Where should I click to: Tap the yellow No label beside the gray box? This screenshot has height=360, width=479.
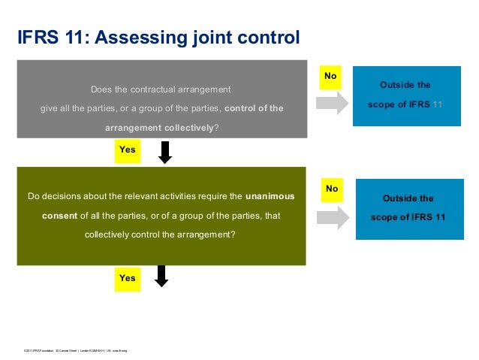pyautogui.click(x=330, y=77)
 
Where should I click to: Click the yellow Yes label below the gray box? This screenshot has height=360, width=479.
pyautogui.click(x=128, y=150)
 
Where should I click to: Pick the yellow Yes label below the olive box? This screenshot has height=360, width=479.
pyautogui.click(x=128, y=278)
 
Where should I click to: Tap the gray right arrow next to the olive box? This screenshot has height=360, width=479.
pyautogui.click(x=333, y=216)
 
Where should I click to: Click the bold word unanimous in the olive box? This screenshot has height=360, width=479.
pyautogui.click(x=270, y=197)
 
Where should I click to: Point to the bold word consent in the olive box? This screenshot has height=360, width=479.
pyautogui.click(x=59, y=216)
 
